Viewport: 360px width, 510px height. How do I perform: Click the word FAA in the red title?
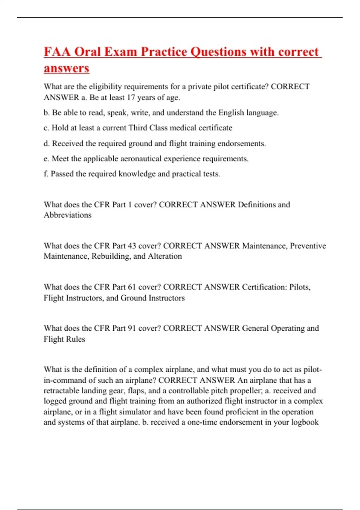coord(57,52)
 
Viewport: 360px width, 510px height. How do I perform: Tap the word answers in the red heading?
coord(66,68)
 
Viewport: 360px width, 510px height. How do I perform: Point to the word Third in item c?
coord(138,128)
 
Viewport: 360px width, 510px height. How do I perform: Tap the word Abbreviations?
coord(67,215)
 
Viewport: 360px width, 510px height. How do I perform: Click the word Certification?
coord(264,287)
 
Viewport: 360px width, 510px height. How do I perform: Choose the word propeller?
coord(243,391)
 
